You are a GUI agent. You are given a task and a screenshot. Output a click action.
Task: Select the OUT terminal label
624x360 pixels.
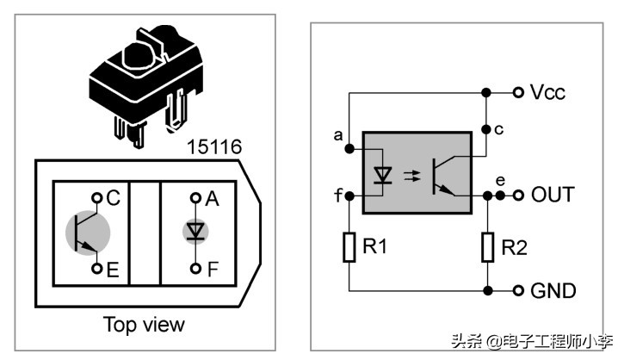pyautogui.click(x=552, y=195)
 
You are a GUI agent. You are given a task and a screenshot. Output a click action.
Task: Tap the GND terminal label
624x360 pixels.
pyautogui.click(x=553, y=290)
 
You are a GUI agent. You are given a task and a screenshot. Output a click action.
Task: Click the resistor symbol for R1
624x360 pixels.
pyautogui.click(x=349, y=245)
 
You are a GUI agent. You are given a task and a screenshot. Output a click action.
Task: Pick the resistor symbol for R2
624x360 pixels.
pyautogui.click(x=486, y=246)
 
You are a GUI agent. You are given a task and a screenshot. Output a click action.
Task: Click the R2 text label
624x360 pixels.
pyautogui.click(x=514, y=247)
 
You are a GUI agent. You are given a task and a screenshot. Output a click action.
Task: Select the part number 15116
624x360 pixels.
pyautogui.click(x=215, y=147)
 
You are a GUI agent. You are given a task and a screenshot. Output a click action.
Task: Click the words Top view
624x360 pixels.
pyautogui.click(x=144, y=325)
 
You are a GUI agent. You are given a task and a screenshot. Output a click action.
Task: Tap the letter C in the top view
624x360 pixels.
pyautogui.click(x=113, y=198)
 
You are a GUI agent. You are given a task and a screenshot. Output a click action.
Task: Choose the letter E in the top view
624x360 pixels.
pyautogui.click(x=112, y=270)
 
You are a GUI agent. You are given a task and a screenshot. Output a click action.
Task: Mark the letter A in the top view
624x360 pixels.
pyautogui.click(x=213, y=198)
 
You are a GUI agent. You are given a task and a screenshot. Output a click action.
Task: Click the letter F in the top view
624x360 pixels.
pyautogui.click(x=212, y=270)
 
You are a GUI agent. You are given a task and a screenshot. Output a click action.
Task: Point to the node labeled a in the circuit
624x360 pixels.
pyautogui.click(x=338, y=137)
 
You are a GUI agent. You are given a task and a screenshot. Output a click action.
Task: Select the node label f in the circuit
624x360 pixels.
pyautogui.click(x=338, y=195)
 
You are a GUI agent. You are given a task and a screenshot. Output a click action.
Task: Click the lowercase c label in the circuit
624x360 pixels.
pyautogui.click(x=499, y=130)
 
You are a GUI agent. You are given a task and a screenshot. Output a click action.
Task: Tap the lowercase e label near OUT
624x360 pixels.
pyautogui.click(x=499, y=182)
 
